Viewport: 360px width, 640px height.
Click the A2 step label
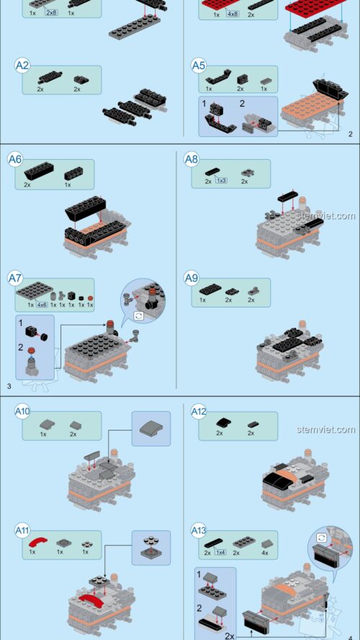click(22, 66)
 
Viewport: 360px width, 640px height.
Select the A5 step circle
click(198, 66)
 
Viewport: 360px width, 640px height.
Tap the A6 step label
click(15, 159)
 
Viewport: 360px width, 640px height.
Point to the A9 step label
click(191, 277)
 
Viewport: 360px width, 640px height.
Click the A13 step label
click(198, 531)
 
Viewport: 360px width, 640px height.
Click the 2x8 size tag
click(52, 13)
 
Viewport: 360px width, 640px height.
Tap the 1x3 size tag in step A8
click(221, 181)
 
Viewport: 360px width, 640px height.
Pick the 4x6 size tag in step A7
click(42, 305)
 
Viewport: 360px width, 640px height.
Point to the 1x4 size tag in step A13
click(220, 552)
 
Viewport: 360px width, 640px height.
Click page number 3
click(9, 387)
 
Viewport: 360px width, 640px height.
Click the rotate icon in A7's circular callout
click(138, 315)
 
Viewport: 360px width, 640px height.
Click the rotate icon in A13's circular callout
click(320, 537)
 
